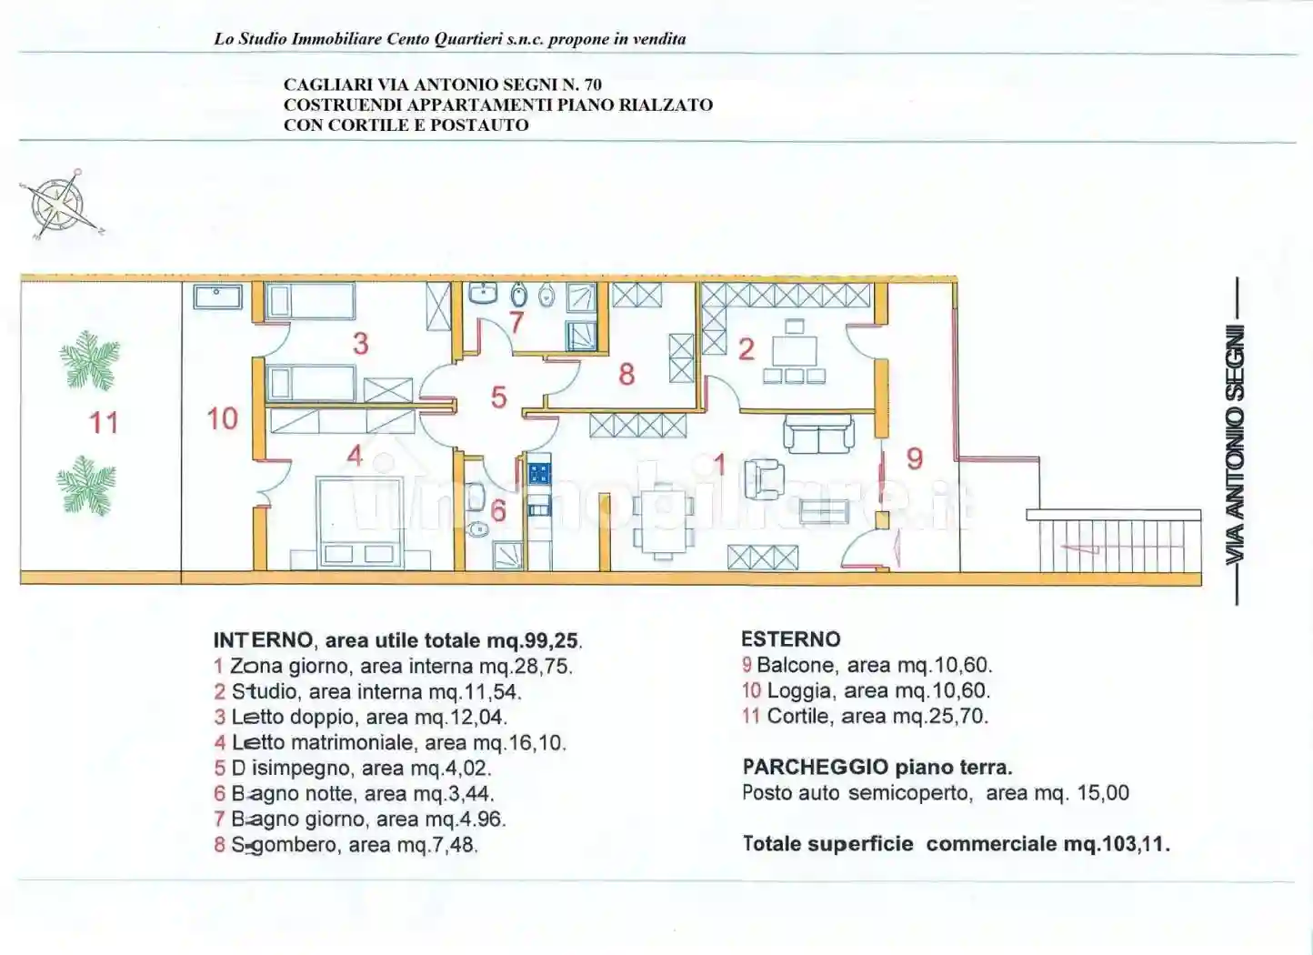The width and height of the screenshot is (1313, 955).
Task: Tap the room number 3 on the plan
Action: click(360, 344)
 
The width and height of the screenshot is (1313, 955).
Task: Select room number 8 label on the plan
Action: click(626, 374)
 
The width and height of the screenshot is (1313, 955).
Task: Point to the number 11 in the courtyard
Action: click(103, 423)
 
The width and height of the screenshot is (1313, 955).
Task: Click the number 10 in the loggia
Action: click(222, 418)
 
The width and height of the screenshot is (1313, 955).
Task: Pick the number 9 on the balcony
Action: click(915, 458)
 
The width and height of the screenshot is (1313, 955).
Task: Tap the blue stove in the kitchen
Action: click(539, 473)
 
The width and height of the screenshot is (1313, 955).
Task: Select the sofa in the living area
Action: click(819, 434)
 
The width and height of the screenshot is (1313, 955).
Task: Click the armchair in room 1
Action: click(765, 479)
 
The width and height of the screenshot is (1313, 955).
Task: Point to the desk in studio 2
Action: click(794, 351)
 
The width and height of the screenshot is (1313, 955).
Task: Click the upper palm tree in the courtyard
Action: click(90, 360)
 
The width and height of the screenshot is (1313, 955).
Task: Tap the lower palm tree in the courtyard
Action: click(86, 486)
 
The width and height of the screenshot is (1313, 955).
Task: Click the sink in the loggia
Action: click(217, 297)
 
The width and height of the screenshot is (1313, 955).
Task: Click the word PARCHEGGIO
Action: click(816, 767)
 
